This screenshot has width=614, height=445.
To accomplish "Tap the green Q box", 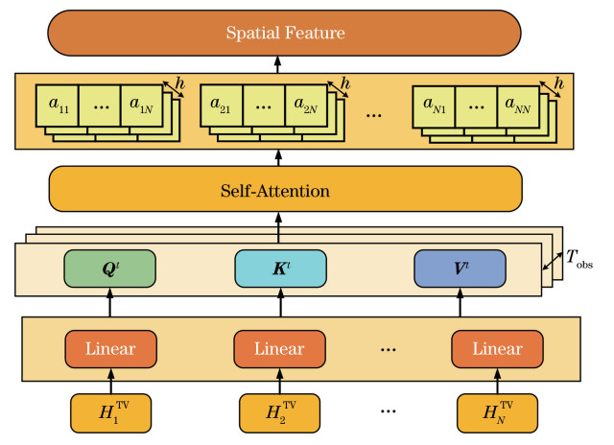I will [x=108, y=269].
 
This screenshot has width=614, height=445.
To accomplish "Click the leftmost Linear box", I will [x=108, y=347].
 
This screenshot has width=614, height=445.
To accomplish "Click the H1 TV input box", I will [x=108, y=413].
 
